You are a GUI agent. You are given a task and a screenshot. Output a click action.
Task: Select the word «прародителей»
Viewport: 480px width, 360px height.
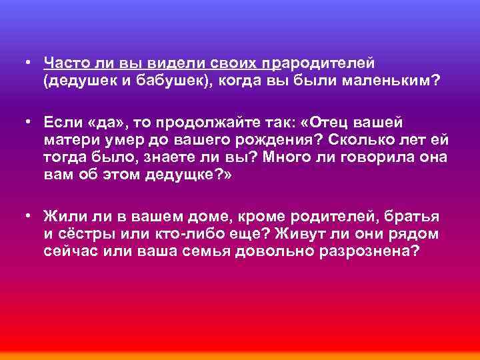[x=319, y=63]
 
